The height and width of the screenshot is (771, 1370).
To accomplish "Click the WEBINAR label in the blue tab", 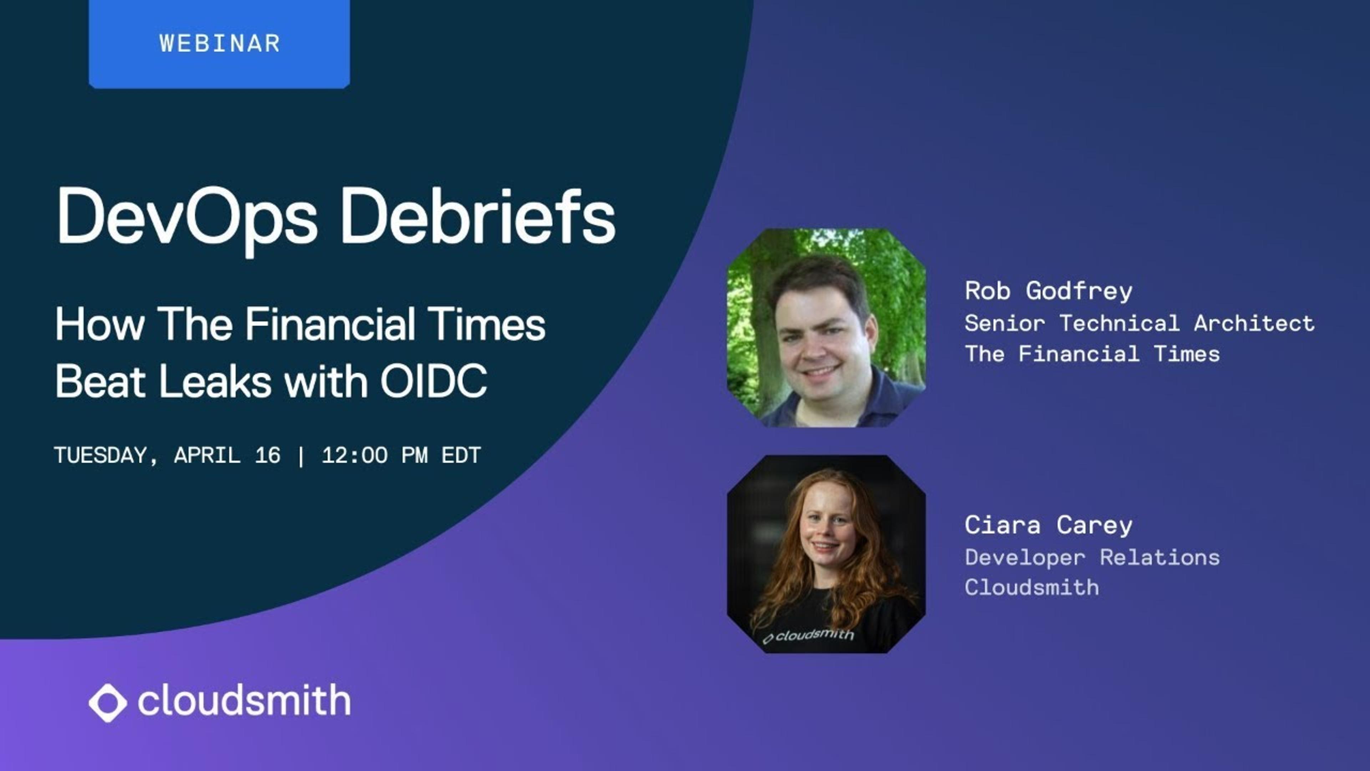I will pyautogui.click(x=220, y=44).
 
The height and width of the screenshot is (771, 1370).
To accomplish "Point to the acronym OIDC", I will pyautogui.click(x=433, y=381).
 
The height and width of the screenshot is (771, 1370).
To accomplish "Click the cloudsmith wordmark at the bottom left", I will pyautogui.click(x=244, y=700).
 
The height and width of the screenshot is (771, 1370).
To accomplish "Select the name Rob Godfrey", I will pyautogui.click(x=1048, y=291).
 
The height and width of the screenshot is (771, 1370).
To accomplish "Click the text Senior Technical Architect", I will pyautogui.click(x=1139, y=323).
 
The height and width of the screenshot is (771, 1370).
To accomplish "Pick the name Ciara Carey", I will pyautogui.click(x=1048, y=525).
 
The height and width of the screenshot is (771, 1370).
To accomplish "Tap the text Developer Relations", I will pyautogui.click(x=1092, y=558).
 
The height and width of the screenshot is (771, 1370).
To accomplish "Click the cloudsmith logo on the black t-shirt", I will pyautogui.click(x=808, y=635).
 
